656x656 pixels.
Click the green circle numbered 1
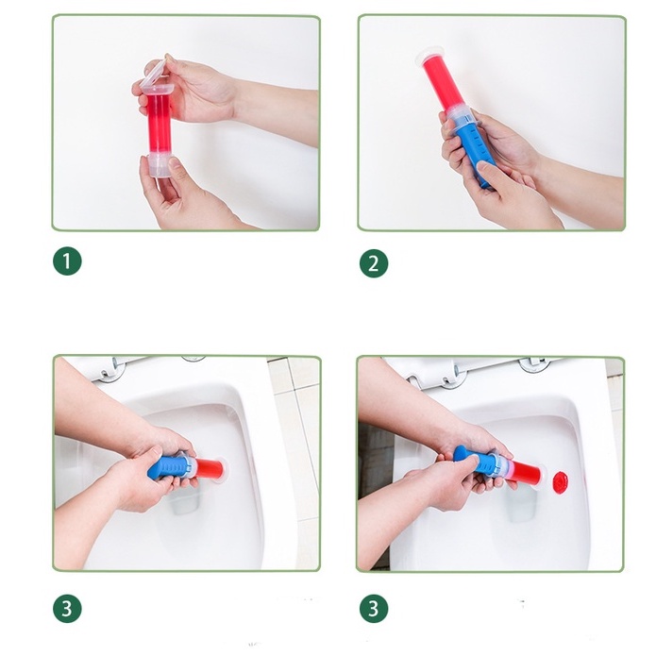[67, 261]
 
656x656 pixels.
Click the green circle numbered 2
[374, 263]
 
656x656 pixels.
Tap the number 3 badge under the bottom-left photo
[67, 608]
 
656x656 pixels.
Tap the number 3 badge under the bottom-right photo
[374, 608]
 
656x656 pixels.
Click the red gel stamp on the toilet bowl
[561, 481]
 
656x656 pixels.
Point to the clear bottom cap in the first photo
[160, 164]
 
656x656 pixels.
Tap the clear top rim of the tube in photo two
[426, 56]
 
